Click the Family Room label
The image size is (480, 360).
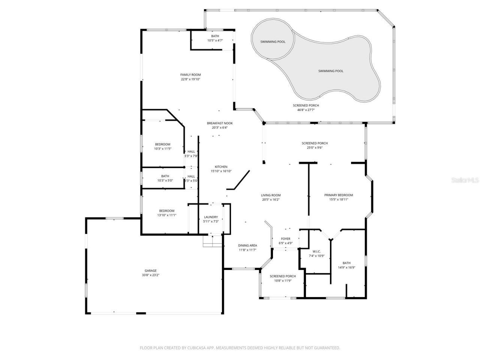click(x=190, y=75)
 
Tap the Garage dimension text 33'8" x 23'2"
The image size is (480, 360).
click(x=151, y=275)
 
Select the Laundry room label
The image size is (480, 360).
click(x=211, y=217)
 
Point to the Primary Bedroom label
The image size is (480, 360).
click(x=339, y=195)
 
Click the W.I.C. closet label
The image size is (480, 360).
click(x=316, y=251)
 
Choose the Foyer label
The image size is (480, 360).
click(x=286, y=238)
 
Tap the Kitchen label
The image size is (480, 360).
click(x=221, y=167)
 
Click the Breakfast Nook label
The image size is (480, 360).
click(x=220, y=123)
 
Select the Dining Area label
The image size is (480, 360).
click(x=247, y=246)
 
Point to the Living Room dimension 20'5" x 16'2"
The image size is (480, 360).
click(x=271, y=199)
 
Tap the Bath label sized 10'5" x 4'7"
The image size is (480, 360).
click(x=215, y=36)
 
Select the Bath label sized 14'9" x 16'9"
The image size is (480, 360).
click(x=346, y=263)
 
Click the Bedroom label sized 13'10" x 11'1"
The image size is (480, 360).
click(x=166, y=211)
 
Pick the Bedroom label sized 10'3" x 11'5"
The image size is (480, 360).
click(x=162, y=144)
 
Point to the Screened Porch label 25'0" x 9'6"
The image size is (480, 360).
click(x=315, y=143)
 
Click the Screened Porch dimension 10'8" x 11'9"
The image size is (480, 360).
click(x=283, y=280)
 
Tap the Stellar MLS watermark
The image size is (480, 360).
click(x=465, y=180)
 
